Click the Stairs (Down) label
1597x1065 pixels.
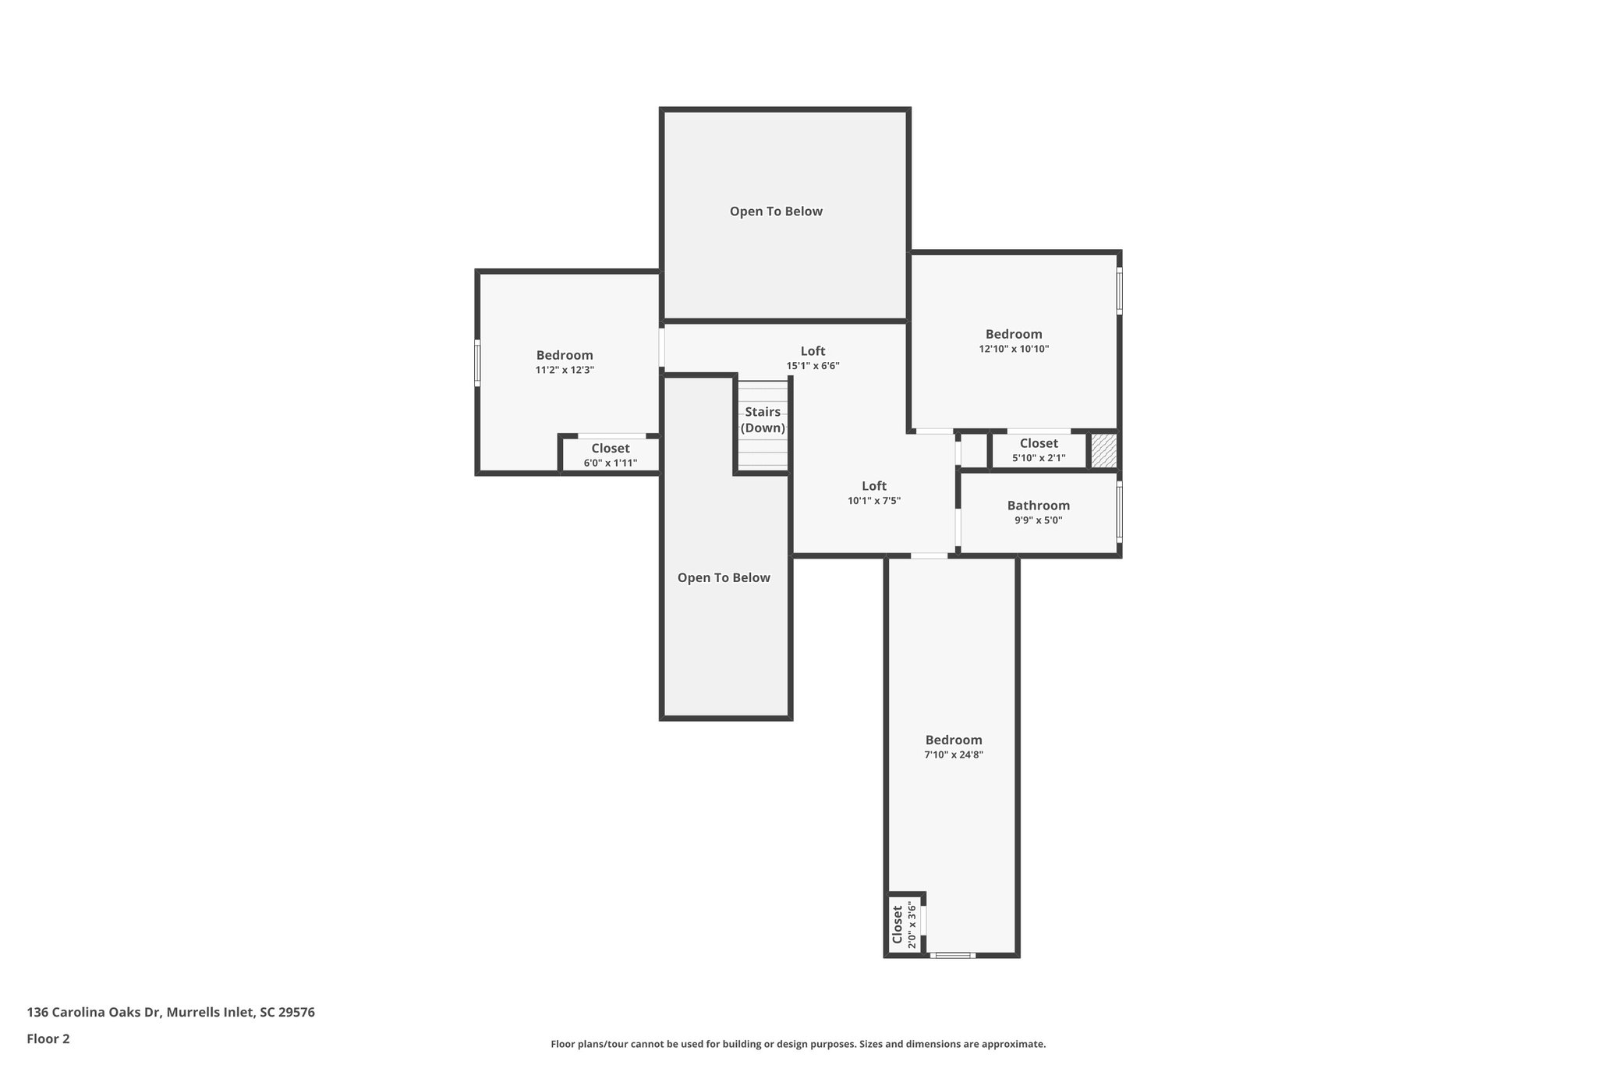click(763, 420)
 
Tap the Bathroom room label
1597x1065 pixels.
click(1038, 506)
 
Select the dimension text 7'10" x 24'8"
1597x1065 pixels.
click(953, 754)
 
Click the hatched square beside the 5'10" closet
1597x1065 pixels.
click(1103, 451)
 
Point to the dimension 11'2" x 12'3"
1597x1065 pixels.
click(565, 370)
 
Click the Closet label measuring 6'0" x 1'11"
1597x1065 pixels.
click(610, 449)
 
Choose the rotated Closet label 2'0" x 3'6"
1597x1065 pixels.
click(898, 924)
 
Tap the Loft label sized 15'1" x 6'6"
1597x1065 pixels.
click(813, 351)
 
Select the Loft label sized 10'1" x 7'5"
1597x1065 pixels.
click(873, 486)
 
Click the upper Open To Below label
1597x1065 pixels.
click(776, 211)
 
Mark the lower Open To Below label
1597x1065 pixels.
click(724, 577)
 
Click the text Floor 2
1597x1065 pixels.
click(48, 1038)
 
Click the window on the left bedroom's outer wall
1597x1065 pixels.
click(477, 363)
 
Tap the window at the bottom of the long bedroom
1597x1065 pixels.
click(952, 955)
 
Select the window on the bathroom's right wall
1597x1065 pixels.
click(1119, 511)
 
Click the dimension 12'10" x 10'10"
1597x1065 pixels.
click(1014, 349)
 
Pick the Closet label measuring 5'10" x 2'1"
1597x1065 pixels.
click(1039, 443)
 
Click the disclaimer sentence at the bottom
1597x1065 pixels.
click(798, 1044)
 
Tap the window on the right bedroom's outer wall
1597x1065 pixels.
click(1119, 290)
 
